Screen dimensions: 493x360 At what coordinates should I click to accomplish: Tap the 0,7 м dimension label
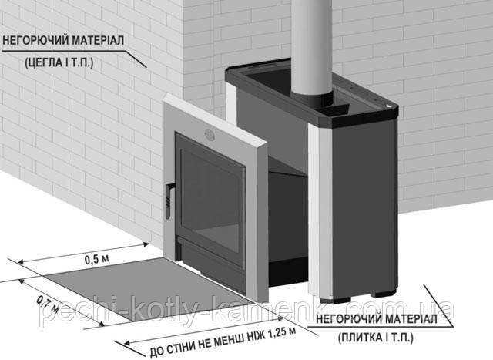pos(47,304)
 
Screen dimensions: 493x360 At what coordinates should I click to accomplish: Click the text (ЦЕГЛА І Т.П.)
pos(59,62)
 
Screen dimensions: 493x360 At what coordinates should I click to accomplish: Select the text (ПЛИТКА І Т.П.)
pos(376,338)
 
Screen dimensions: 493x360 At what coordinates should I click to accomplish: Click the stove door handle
pos(168,201)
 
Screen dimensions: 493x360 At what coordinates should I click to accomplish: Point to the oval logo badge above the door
pos(210,133)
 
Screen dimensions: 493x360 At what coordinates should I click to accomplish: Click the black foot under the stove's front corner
pos(342,300)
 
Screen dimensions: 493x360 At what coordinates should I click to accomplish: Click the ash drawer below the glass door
pos(210,254)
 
